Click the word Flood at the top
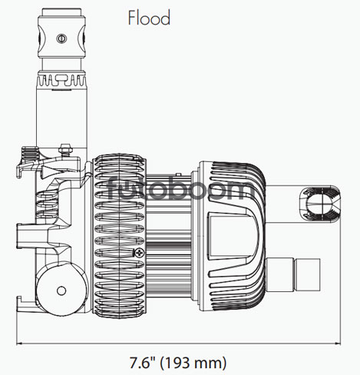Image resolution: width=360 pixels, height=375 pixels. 149,18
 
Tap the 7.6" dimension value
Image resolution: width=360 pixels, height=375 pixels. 143,363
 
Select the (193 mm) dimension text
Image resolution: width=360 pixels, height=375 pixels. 193,363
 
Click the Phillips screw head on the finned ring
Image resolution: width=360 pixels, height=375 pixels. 139,253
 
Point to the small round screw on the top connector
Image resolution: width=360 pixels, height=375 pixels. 61,38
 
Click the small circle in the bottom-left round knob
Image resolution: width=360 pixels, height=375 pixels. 61,290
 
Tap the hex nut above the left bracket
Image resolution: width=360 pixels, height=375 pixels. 66,149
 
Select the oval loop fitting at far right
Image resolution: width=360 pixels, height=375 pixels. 320,204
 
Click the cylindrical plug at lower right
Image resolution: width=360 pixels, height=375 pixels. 293,274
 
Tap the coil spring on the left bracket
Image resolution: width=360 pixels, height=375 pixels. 48,206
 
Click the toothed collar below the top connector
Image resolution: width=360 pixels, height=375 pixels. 61,79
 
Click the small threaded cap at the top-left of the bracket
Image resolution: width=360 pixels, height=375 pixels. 30,152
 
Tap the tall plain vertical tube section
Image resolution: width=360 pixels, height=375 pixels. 61,118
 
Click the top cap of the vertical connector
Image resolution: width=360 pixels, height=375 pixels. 61,12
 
